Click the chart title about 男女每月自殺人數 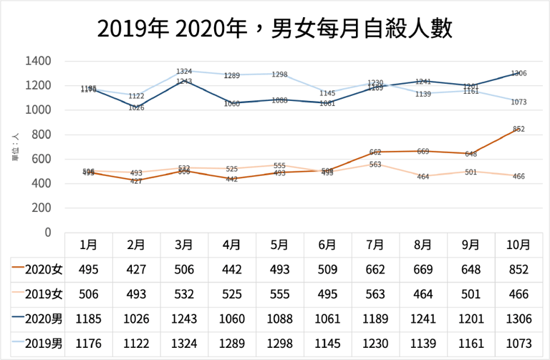tap(274, 29)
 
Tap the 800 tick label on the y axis tap(42, 135)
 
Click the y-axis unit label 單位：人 tap(15, 146)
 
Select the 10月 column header tap(518, 244)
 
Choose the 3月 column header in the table tap(184, 244)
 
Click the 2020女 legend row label tap(37, 269)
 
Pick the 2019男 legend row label tap(37, 344)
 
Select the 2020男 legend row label tap(37, 319)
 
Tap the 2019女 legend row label tap(37, 294)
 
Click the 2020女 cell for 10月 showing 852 tap(518, 269)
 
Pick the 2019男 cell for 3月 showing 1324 tap(184, 344)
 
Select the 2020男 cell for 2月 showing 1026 tap(136, 319)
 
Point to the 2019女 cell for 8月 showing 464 tap(423, 294)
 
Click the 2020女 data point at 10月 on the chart tap(518, 128)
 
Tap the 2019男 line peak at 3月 tap(184, 71)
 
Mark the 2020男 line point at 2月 tap(136, 107)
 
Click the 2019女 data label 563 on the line tap(375, 165)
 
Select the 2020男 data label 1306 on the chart tap(518, 73)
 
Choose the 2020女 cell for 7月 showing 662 tap(375, 269)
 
